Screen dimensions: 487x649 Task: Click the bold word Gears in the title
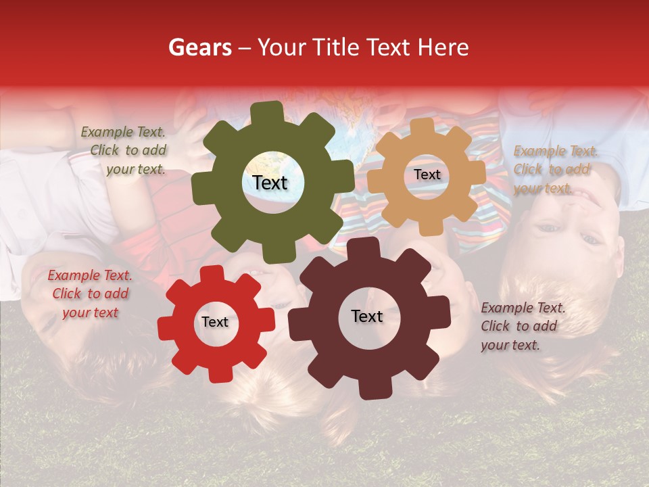pyautogui.click(x=199, y=48)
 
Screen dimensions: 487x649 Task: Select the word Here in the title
pyautogui.click(x=443, y=48)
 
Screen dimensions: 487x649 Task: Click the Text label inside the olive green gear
pyautogui.click(x=270, y=183)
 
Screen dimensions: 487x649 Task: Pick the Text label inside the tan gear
pyautogui.click(x=427, y=175)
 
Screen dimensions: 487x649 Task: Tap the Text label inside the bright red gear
pyautogui.click(x=215, y=323)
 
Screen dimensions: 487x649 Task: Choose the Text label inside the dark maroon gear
pyautogui.click(x=367, y=317)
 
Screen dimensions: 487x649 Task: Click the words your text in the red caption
pyautogui.click(x=90, y=313)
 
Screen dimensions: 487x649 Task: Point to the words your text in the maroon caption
pyautogui.click(x=510, y=345)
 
